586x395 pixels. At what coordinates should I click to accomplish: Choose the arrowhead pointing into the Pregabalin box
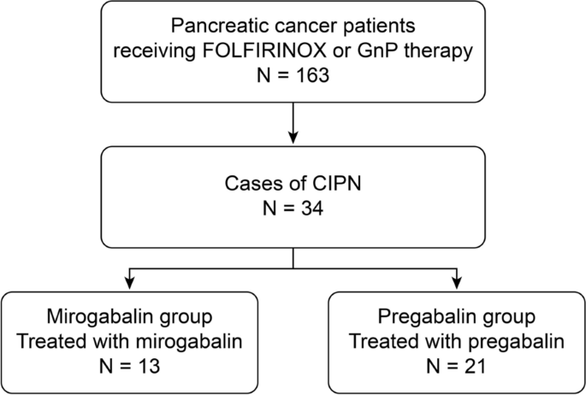[457, 283]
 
